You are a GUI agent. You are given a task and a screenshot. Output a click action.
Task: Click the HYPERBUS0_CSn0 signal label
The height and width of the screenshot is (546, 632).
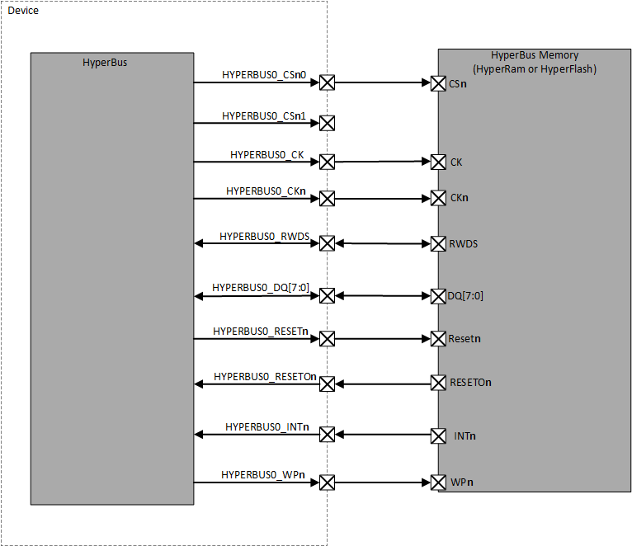264,75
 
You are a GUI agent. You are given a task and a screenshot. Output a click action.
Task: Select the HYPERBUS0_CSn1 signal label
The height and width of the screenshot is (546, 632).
264,116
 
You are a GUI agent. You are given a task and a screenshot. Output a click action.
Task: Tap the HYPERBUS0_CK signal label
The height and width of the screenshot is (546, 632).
266,154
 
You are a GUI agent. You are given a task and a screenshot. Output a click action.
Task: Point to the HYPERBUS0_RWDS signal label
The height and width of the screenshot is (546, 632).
264,237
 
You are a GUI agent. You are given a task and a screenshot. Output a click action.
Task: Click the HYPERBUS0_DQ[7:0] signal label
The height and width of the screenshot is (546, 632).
261,288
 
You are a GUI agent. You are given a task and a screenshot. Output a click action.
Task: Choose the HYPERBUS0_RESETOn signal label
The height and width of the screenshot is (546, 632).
265,377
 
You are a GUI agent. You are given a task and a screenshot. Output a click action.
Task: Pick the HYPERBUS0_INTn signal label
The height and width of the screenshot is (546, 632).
266,427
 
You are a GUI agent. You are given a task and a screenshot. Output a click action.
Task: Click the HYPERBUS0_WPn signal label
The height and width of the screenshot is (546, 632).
264,476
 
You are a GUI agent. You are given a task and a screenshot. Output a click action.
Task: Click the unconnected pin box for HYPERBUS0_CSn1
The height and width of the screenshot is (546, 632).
328,124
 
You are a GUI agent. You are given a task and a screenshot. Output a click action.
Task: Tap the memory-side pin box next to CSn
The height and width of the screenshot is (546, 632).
439,82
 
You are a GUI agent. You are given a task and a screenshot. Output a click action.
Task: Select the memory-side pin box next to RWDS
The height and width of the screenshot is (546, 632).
439,244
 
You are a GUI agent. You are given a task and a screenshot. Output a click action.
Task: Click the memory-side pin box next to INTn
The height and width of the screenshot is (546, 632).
439,435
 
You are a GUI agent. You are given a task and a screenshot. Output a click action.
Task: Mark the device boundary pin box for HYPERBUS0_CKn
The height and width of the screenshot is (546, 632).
328,199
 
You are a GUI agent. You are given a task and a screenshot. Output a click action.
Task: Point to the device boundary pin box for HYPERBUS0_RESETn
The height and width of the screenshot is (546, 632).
328,339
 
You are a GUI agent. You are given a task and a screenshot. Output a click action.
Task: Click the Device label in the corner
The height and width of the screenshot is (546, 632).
23,11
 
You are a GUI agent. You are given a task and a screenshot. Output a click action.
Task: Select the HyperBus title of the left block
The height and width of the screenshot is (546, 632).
106,63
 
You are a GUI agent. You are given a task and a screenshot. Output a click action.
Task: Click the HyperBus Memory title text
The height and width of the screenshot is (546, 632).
535,56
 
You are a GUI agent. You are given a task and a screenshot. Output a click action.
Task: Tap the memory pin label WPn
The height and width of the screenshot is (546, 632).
462,482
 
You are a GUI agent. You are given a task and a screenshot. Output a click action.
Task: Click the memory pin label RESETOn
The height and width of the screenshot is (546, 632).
470,383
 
